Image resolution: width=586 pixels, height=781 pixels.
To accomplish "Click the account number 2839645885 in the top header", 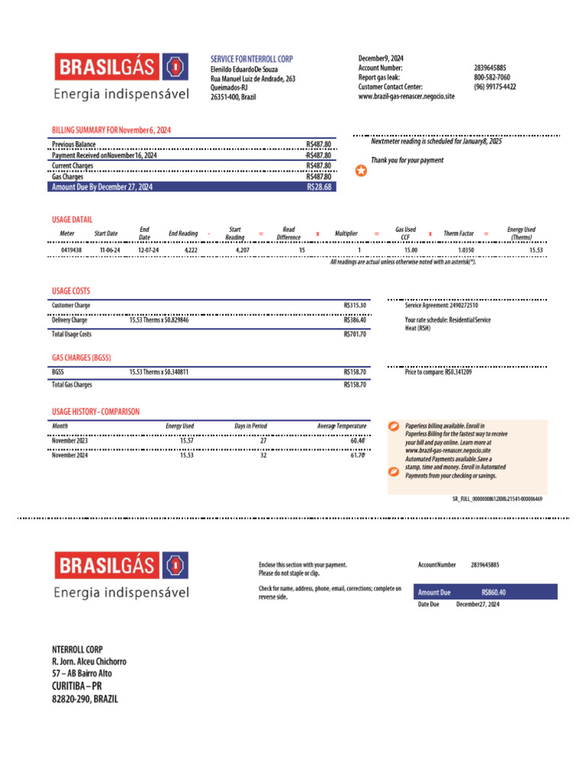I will [490, 68].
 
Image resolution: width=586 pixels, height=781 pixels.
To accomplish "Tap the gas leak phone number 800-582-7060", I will [491, 77].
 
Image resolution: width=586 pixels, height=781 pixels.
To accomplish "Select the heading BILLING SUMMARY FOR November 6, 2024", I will [111, 130].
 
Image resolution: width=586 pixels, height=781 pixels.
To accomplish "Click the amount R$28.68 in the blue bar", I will [319, 186].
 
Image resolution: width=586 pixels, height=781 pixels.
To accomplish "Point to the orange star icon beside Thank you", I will [361, 171].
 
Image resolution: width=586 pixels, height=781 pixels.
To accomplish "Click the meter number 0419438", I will [71, 250].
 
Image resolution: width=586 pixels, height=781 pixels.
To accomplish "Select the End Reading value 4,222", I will [191, 250].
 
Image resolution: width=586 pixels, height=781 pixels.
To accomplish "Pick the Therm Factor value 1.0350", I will [465, 250].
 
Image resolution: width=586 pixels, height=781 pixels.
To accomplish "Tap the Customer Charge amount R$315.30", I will [355, 305].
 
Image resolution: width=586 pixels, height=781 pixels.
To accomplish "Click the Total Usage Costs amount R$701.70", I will [355, 334].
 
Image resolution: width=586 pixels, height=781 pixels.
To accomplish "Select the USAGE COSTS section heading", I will [71, 291].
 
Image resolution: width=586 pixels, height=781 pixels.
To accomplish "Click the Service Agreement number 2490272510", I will [453, 305].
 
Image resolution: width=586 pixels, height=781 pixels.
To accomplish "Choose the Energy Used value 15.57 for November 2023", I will [187, 441].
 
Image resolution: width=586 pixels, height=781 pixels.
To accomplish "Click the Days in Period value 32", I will [263, 455].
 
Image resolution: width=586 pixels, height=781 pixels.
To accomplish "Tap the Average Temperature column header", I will [342, 426].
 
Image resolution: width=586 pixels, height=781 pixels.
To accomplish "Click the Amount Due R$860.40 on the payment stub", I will [494, 592].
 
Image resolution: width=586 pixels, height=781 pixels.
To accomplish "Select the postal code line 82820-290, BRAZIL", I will [85, 699].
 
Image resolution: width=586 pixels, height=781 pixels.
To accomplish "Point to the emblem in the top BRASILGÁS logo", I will [176, 67].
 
